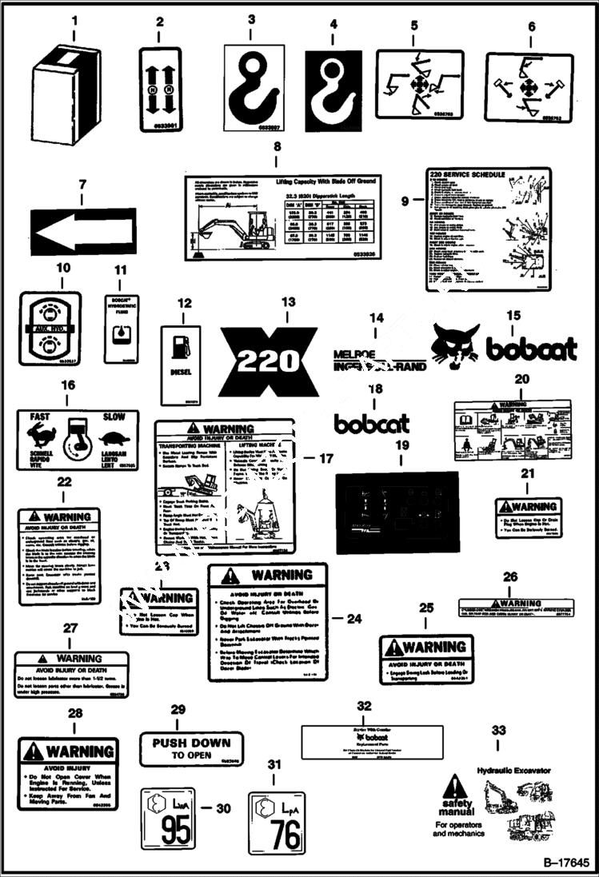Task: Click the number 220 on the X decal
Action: coord(269,362)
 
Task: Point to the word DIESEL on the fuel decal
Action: coord(180,372)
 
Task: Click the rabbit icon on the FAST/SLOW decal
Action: coord(38,435)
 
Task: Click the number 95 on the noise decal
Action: coord(178,831)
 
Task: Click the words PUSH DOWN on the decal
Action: coord(191,742)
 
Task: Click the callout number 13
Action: coord(289,302)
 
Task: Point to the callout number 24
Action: coord(355,618)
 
